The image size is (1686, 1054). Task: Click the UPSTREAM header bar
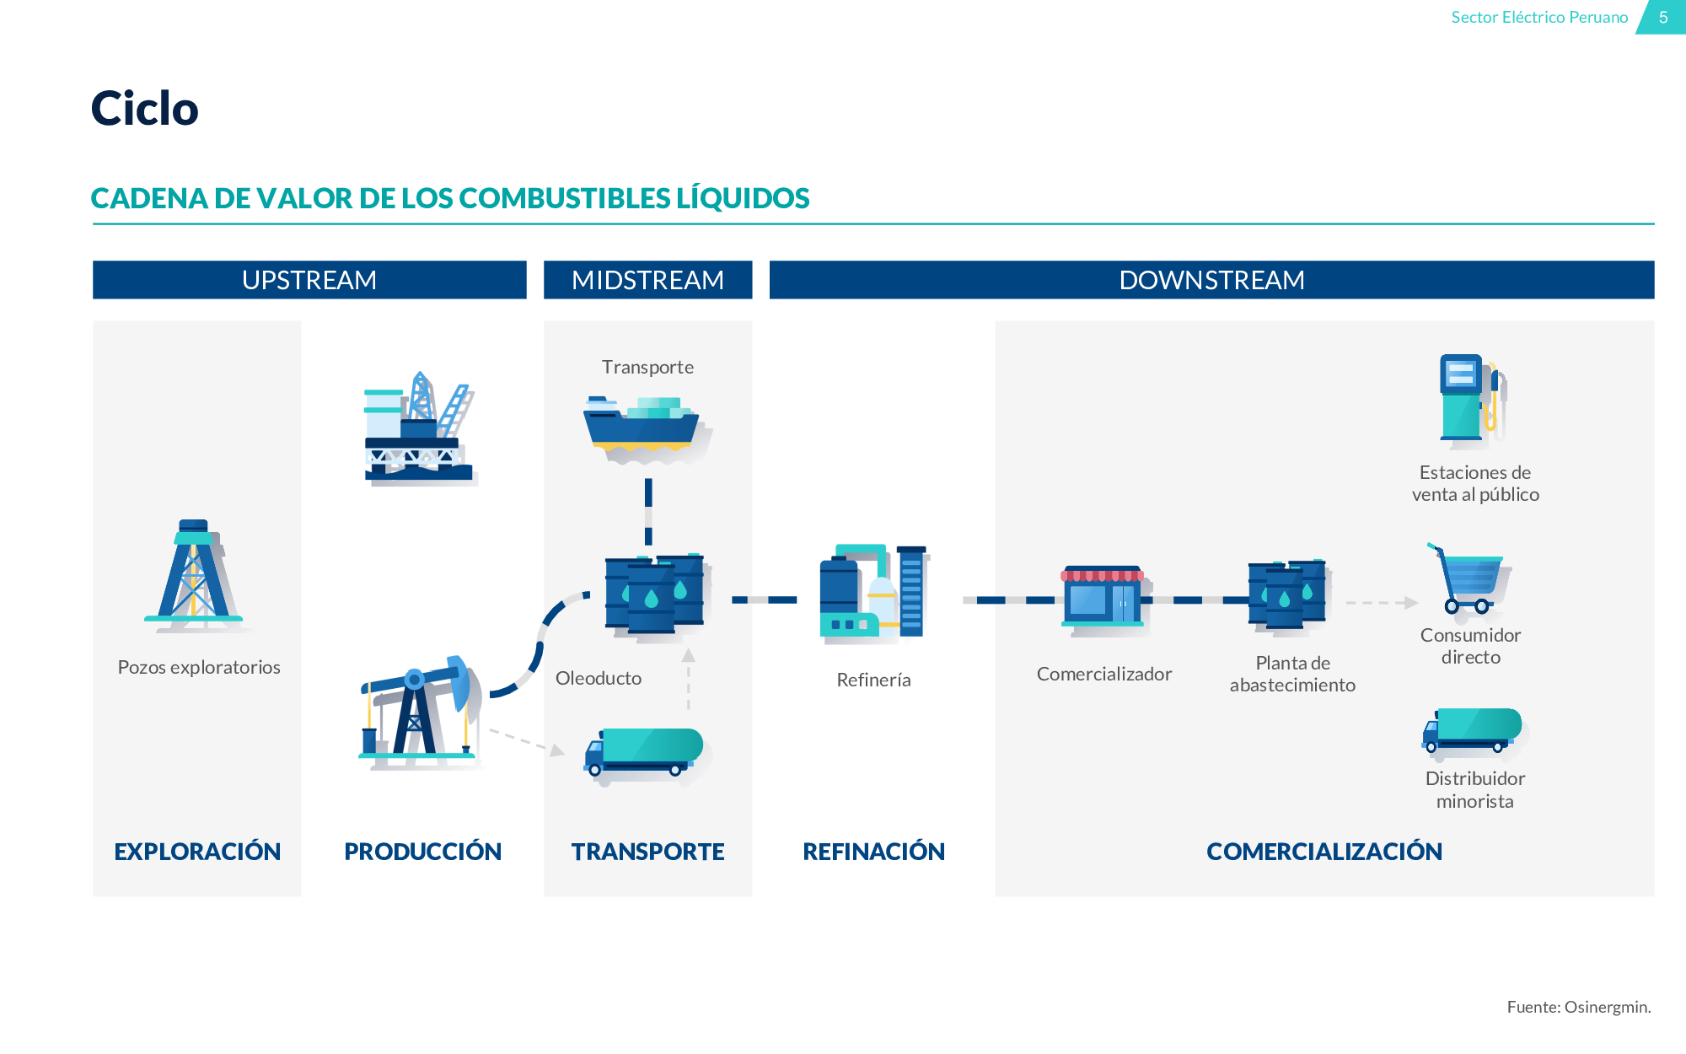coord(309,280)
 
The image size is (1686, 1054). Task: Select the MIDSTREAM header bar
coord(647,280)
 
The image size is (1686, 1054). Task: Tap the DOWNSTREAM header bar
coord(1211,280)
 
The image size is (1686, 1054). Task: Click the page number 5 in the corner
coord(1663,17)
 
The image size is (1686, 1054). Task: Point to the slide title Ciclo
coord(145,109)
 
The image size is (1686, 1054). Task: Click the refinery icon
coord(873,594)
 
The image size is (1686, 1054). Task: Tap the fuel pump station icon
coord(1472,398)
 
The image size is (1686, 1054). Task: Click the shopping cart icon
coord(1469,578)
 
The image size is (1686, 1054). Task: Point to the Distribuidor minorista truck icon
coord(1474,731)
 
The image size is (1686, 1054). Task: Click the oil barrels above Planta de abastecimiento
coord(1287,594)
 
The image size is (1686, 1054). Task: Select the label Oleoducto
coord(599,678)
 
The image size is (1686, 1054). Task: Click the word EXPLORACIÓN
coord(197,852)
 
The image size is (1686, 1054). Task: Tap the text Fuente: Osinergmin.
coord(1578,1007)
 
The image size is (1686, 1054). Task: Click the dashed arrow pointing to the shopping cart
coord(1381,603)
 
